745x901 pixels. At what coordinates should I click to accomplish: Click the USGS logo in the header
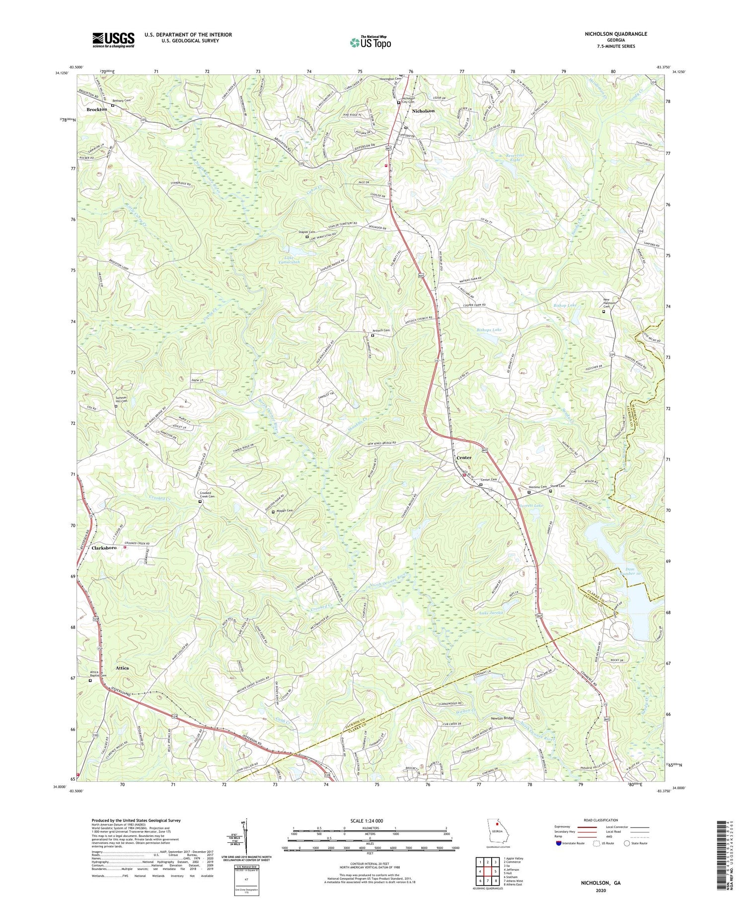tap(113, 40)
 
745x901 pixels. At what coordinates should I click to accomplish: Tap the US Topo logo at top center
tap(370, 42)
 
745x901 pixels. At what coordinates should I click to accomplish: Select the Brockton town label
tap(96, 109)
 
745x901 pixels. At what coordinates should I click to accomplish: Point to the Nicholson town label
tap(423, 111)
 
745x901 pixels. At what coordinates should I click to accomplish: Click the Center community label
tap(463, 457)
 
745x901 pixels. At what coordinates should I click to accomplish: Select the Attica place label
tap(122, 668)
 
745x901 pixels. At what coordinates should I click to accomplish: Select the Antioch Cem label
tap(381, 330)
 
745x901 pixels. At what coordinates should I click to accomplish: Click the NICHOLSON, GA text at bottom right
tap(601, 883)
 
